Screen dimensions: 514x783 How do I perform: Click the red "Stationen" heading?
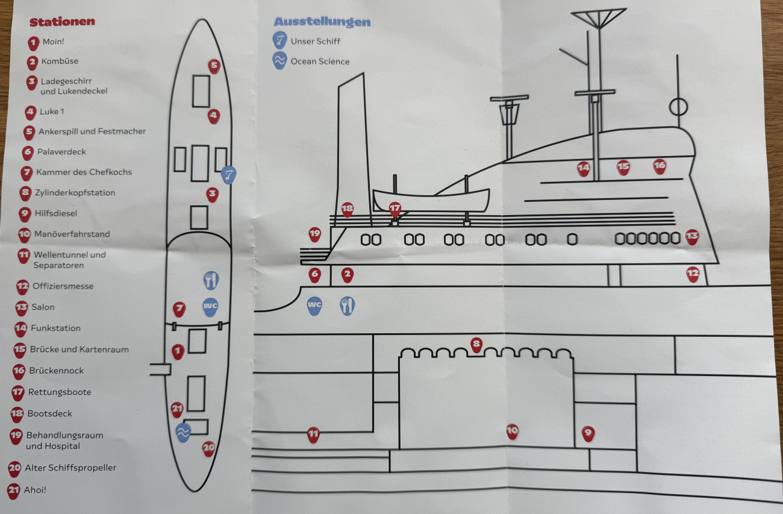pos(62,22)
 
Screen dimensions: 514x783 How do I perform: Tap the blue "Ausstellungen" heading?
pos(322,22)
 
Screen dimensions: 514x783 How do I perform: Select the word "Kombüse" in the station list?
pos(60,61)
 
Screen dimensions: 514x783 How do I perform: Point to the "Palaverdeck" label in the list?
pos(61,152)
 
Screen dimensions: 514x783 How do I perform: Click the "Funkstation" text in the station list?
pos(55,328)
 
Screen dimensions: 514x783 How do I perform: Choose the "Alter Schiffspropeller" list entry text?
pos(70,468)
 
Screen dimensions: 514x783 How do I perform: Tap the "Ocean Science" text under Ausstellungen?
pos(320,61)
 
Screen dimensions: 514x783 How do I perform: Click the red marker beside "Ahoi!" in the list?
pos(13,490)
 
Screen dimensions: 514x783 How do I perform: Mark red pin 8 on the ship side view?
pos(476,345)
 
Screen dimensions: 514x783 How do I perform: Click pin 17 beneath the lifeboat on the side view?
pos(395,208)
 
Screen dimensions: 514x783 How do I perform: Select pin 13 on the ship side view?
pos(691,236)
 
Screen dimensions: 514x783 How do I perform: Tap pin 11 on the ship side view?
pos(313,433)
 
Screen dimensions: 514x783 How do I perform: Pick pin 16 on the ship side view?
pos(660,166)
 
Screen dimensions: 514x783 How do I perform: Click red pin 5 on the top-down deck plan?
pos(214,66)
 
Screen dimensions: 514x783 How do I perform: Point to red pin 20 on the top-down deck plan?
pos(208,448)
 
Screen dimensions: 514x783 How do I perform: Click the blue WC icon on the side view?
pos(314,306)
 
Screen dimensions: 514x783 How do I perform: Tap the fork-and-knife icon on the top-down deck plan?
pos(210,280)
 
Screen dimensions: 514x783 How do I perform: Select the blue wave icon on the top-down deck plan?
pos(182,431)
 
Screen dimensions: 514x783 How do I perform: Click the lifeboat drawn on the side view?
pos(431,200)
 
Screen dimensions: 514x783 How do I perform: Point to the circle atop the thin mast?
pos(678,107)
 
